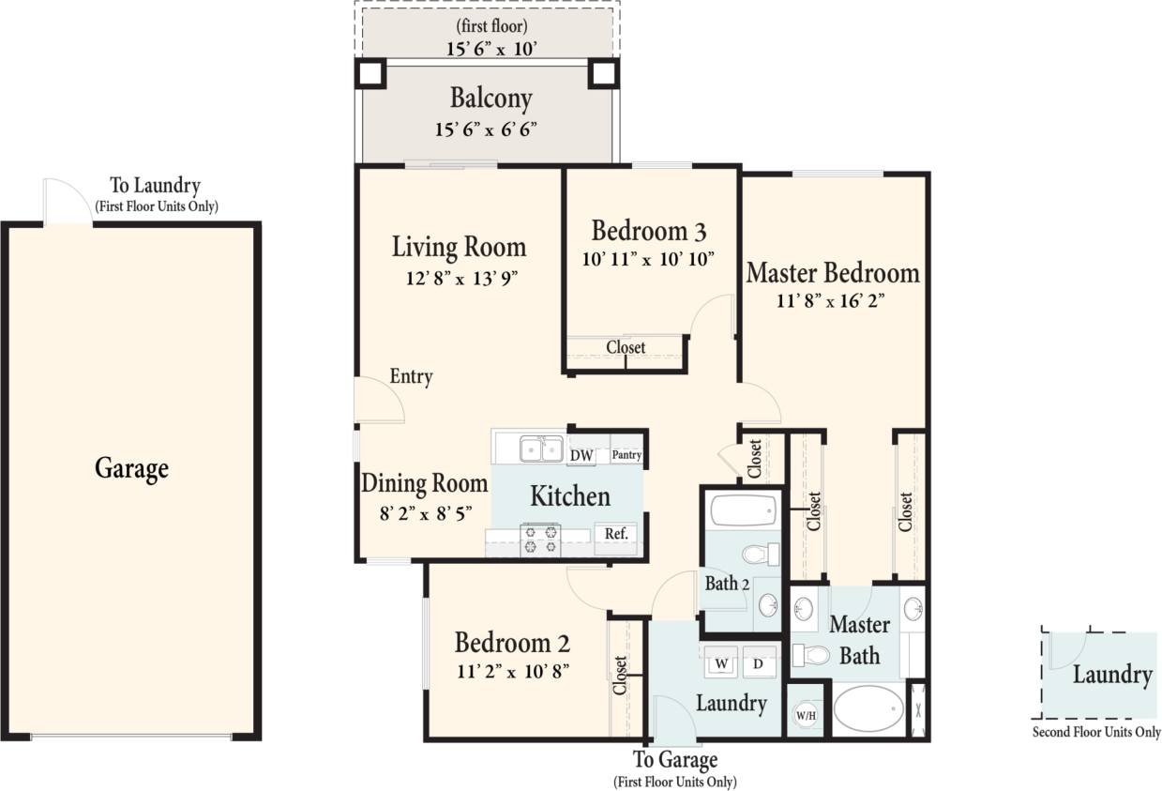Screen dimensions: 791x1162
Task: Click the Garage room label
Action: coord(131,467)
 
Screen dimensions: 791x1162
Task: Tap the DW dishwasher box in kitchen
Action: coord(581,455)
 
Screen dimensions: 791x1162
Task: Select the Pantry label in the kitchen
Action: coord(626,455)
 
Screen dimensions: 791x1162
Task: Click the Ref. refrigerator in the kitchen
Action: coord(615,533)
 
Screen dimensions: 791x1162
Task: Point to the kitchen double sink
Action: coord(541,449)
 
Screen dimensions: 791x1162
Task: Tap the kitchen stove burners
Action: coord(540,540)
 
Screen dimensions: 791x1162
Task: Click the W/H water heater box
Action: coord(805,716)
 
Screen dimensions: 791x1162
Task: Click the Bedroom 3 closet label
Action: coord(626,347)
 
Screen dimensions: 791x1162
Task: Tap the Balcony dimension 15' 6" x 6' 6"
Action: coord(486,129)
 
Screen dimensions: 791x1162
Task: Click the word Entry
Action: coord(411,377)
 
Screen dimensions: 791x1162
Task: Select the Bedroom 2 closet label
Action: coord(620,676)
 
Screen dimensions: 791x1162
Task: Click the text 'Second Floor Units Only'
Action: coord(1096,732)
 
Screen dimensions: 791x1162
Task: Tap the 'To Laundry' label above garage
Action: coord(156,186)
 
